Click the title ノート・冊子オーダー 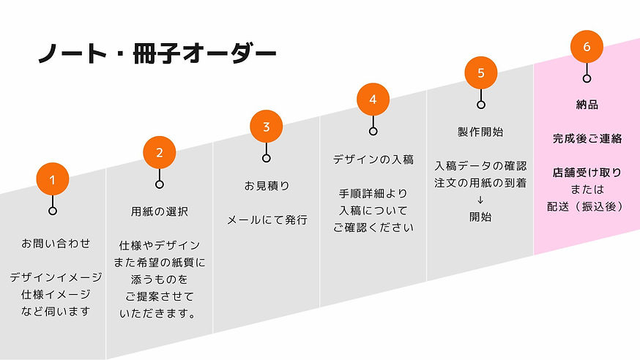(157, 53)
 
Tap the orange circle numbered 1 (53, 179)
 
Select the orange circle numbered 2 (160, 152)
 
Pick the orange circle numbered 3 (267, 126)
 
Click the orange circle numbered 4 (373, 99)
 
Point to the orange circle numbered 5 (480, 72)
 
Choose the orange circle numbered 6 (587, 46)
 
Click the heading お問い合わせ (56, 243)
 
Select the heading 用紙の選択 (159, 212)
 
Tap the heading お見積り (267, 186)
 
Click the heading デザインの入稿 (373, 159)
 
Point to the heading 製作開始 (480, 132)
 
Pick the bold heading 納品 (587, 105)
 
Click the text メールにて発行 (267, 220)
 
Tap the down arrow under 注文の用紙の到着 (480, 200)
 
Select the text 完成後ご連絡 (587, 138)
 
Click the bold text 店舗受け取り (587, 173)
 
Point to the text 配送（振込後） (587, 206)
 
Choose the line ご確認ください (373, 227)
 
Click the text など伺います (56, 311)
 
